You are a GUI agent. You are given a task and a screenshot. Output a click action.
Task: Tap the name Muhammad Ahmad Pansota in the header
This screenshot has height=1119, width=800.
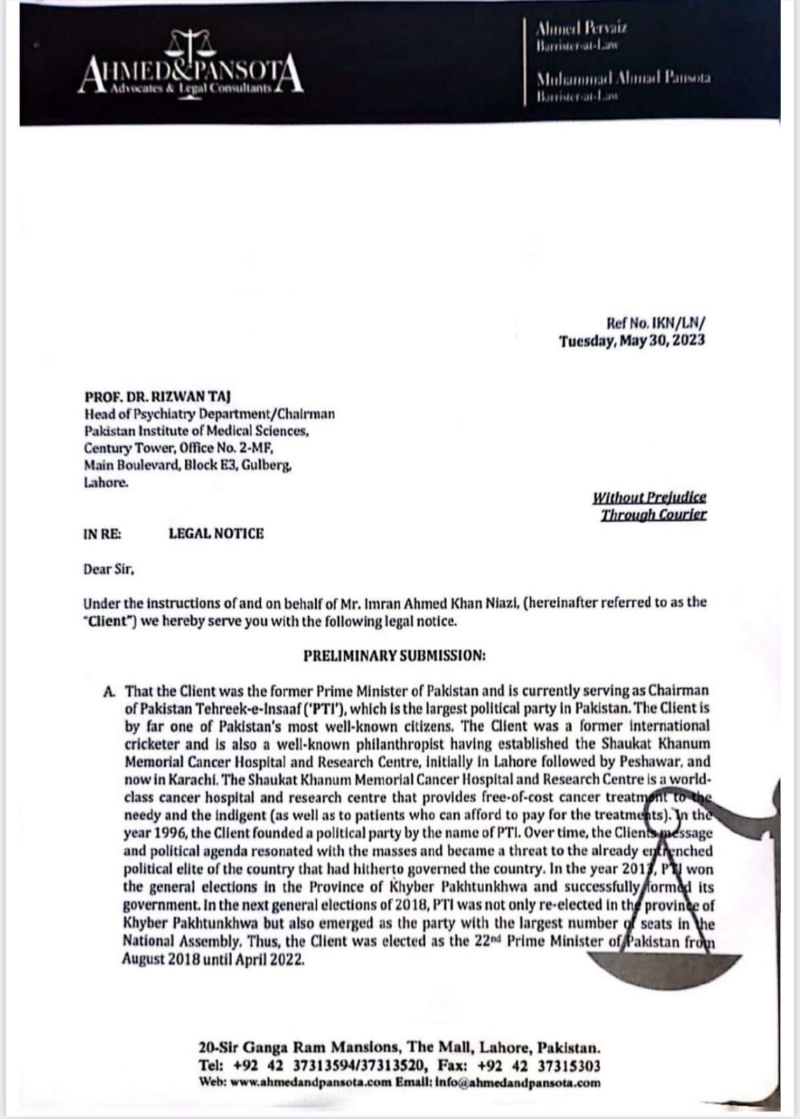[x=623, y=77]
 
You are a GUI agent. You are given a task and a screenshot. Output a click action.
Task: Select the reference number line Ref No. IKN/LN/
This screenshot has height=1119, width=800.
[x=656, y=323]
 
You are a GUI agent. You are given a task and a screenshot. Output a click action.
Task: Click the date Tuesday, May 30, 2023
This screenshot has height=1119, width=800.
[x=632, y=341]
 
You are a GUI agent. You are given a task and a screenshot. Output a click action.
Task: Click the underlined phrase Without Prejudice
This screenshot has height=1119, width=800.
[x=649, y=497]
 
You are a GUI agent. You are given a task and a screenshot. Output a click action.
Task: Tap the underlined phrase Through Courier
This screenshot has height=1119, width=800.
[x=653, y=515]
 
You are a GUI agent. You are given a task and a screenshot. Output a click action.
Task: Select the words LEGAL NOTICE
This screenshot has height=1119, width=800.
[x=217, y=534]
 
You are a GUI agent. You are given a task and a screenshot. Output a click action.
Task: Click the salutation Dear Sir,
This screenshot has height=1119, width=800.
[x=108, y=569]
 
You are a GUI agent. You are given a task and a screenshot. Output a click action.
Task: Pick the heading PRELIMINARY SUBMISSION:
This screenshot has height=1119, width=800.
[x=394, y=656]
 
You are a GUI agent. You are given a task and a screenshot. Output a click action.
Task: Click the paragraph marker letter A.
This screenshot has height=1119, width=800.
[x=108, y=691]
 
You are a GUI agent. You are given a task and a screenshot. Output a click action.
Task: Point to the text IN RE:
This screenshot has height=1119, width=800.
[x=102, y=534]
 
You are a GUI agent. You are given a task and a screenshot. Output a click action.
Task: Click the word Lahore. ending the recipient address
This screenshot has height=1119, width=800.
[x=106, y=482]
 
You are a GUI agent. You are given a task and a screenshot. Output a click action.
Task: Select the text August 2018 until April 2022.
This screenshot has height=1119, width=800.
[x=214, y=960]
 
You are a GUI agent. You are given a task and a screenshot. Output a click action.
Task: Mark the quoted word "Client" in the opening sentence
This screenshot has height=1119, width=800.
[x=109, y=621]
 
